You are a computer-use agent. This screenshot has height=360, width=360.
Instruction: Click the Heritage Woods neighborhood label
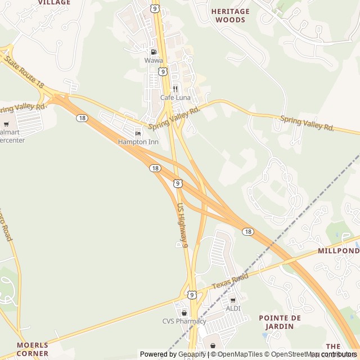pos(229,15)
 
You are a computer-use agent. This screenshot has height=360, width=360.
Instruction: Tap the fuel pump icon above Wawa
pos(154,52)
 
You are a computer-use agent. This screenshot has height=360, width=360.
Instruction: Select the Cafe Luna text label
pos(175,97)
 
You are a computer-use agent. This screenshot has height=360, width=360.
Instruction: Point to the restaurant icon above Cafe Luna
pos(175,89)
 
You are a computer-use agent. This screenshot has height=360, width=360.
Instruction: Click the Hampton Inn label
pos(138,142)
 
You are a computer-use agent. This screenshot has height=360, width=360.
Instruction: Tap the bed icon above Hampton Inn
pos(138,133)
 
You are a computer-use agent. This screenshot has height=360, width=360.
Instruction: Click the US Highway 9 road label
pos(182,225)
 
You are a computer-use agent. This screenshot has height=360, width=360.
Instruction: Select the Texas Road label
pos(230,282)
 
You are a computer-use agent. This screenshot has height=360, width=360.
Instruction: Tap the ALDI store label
pos(233,308)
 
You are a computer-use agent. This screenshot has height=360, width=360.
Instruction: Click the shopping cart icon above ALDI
pos(233,300)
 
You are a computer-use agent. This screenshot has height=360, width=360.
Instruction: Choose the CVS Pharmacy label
pos(184,321)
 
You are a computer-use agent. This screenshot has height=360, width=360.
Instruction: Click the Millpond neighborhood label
pos(338,250)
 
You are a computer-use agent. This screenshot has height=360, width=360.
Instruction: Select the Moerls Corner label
pos(32,349)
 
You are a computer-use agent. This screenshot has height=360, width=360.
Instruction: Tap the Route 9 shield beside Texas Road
pos(192,294)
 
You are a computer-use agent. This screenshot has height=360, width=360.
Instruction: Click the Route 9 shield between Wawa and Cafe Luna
pos(163,71)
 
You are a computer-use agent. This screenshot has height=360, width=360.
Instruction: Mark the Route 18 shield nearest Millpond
pos(248,231)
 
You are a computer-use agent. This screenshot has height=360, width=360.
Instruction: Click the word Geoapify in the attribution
pos(192,354)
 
